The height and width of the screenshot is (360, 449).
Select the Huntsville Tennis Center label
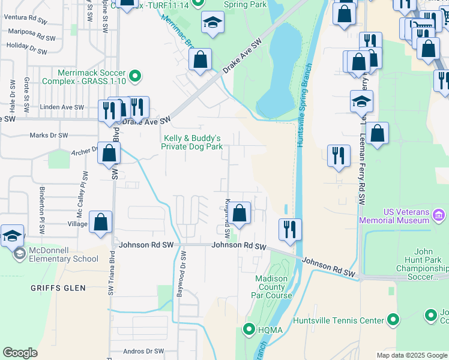(339, 320)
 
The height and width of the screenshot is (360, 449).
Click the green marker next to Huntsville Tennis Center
(393, 320)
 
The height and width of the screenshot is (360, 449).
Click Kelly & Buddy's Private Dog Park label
(192, 142)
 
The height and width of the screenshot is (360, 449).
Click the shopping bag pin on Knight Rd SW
(240, 213)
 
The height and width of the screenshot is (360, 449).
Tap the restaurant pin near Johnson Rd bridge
(290, 229)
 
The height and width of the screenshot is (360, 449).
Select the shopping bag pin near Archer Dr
(109, 153)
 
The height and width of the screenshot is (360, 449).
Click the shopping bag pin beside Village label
(101, 221)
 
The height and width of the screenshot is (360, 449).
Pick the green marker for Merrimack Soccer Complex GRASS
(136, 76)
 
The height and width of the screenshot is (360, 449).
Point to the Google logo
(20, 353)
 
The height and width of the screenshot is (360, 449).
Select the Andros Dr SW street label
(143, 351)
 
